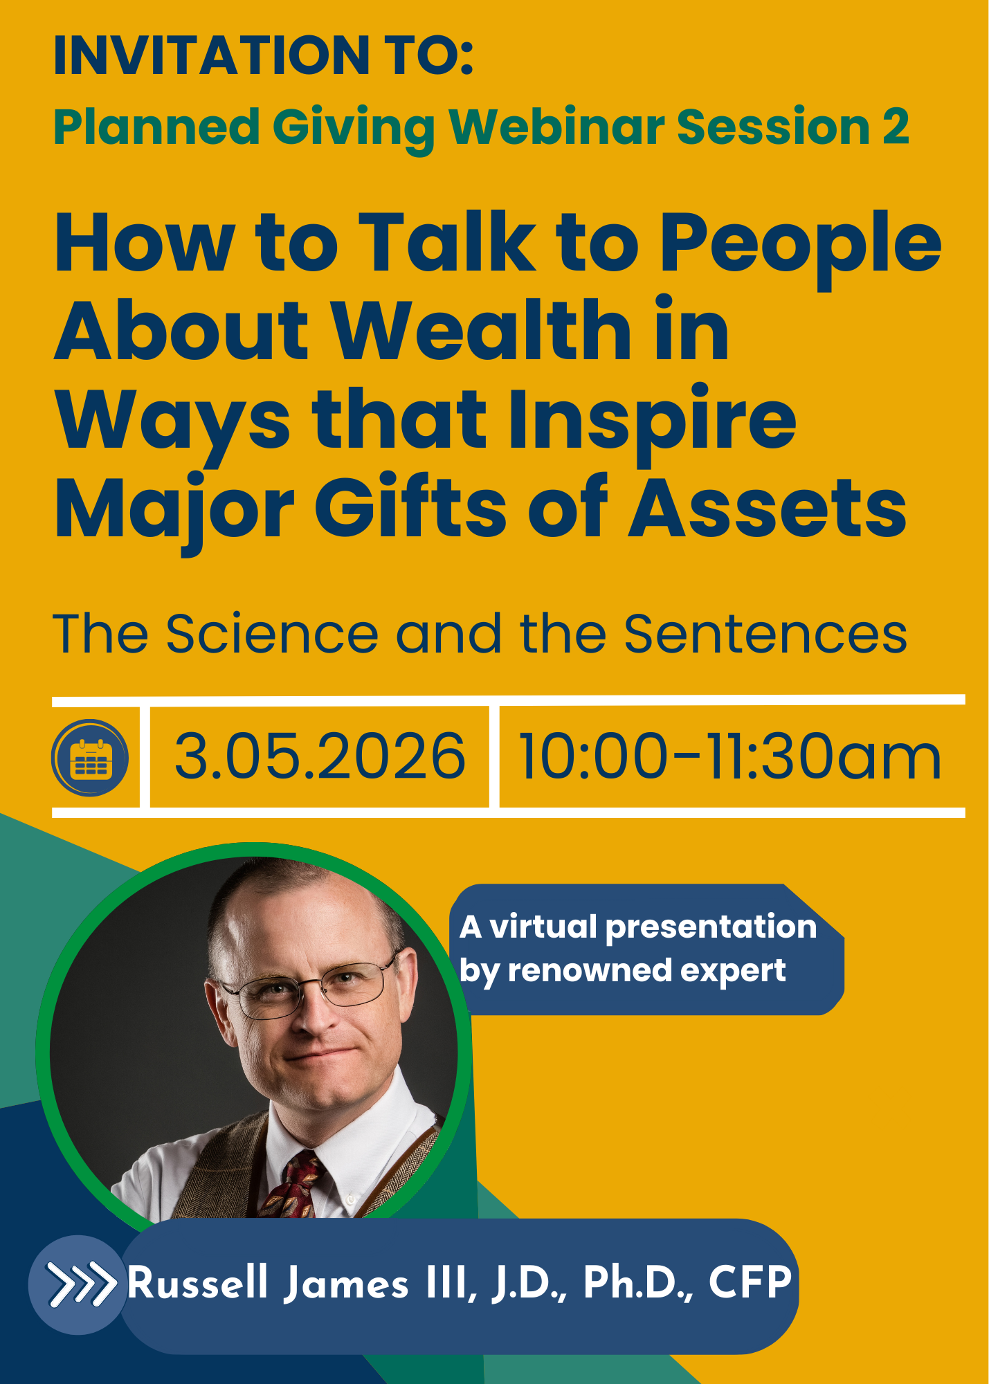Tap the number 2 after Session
pyautogui.click(x=896, y=127)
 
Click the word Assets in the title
pyautogui.click(x=767, y=507)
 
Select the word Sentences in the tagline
pyautogui.click(x=765, y=634)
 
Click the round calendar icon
pyautogui.click(x=90, y=758)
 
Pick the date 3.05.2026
pyautogui.click(x=320, y=756)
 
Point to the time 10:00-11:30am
pyautogui.click(x=729, y=756)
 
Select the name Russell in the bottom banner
pyautogui.click(x=197, y=1282)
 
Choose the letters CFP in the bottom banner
pyautogui.click(x=750, y=1282)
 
